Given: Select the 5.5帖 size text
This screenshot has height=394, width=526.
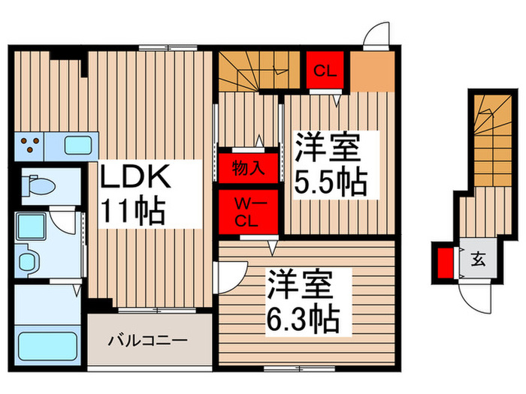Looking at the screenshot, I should pos(331,182).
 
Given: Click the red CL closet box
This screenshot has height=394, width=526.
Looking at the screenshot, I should pos(324,71).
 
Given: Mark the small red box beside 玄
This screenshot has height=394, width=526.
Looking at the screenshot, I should pos(444,263).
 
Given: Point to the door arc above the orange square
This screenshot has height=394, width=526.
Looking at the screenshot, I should pos(373,35).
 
